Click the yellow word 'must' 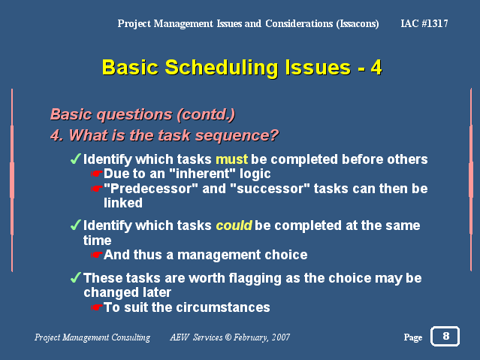231,159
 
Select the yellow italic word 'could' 234,225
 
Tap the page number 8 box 445,336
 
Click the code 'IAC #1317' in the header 424,23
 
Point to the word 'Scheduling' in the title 222,68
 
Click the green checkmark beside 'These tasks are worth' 76,277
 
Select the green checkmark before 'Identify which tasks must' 76,159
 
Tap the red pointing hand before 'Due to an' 97,174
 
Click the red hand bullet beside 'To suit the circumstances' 97,307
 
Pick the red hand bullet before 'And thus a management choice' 97,255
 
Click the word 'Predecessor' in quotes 151,189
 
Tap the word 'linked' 123,203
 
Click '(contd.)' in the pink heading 206,114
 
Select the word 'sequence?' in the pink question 237,135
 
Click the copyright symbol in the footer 228,337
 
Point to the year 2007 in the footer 281,337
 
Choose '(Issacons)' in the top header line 358,24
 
